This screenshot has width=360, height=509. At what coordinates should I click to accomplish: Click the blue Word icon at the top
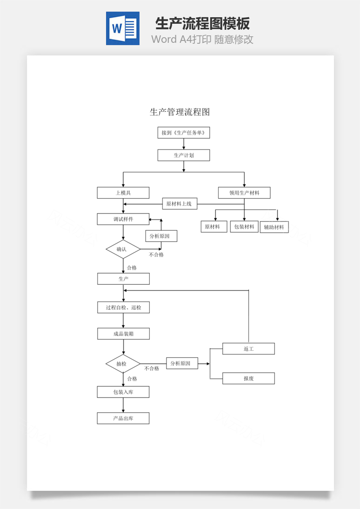click(x=122, y=28)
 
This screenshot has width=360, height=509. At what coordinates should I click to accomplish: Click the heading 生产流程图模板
click(x=202, y=23)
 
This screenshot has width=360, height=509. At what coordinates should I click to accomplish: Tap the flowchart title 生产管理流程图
click(x=180, y=112)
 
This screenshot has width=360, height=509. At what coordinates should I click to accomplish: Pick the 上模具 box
click(x=123, y=193)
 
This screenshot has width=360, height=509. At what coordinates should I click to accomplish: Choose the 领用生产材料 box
click(x=244, y=193)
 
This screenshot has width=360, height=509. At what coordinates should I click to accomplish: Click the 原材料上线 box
click(x=180, y=204)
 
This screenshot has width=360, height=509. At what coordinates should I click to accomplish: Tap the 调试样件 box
click(x=123, y=219)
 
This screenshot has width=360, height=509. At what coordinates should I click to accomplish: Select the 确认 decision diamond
click(x=123, y=249)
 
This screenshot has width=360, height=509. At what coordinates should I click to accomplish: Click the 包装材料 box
click(x=244, y=227)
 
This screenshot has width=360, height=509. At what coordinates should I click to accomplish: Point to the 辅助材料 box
click(x=274, y=228)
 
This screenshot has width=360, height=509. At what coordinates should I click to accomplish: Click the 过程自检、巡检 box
click(x=123, y=308)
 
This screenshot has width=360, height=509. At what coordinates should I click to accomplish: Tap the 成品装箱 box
click(x=123, y=334)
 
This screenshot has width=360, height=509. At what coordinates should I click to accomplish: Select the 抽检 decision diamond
click(x=123, y=364)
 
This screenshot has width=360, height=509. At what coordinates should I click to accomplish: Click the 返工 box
click(x=248, y=348)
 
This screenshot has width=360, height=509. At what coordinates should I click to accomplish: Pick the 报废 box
click(x=248, y=378)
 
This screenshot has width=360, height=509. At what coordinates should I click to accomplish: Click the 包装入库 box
click(x=123, y=392)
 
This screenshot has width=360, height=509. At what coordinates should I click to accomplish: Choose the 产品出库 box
click(x=123, y=418)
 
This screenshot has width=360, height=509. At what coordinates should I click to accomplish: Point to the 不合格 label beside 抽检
click(x=152, y=368)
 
